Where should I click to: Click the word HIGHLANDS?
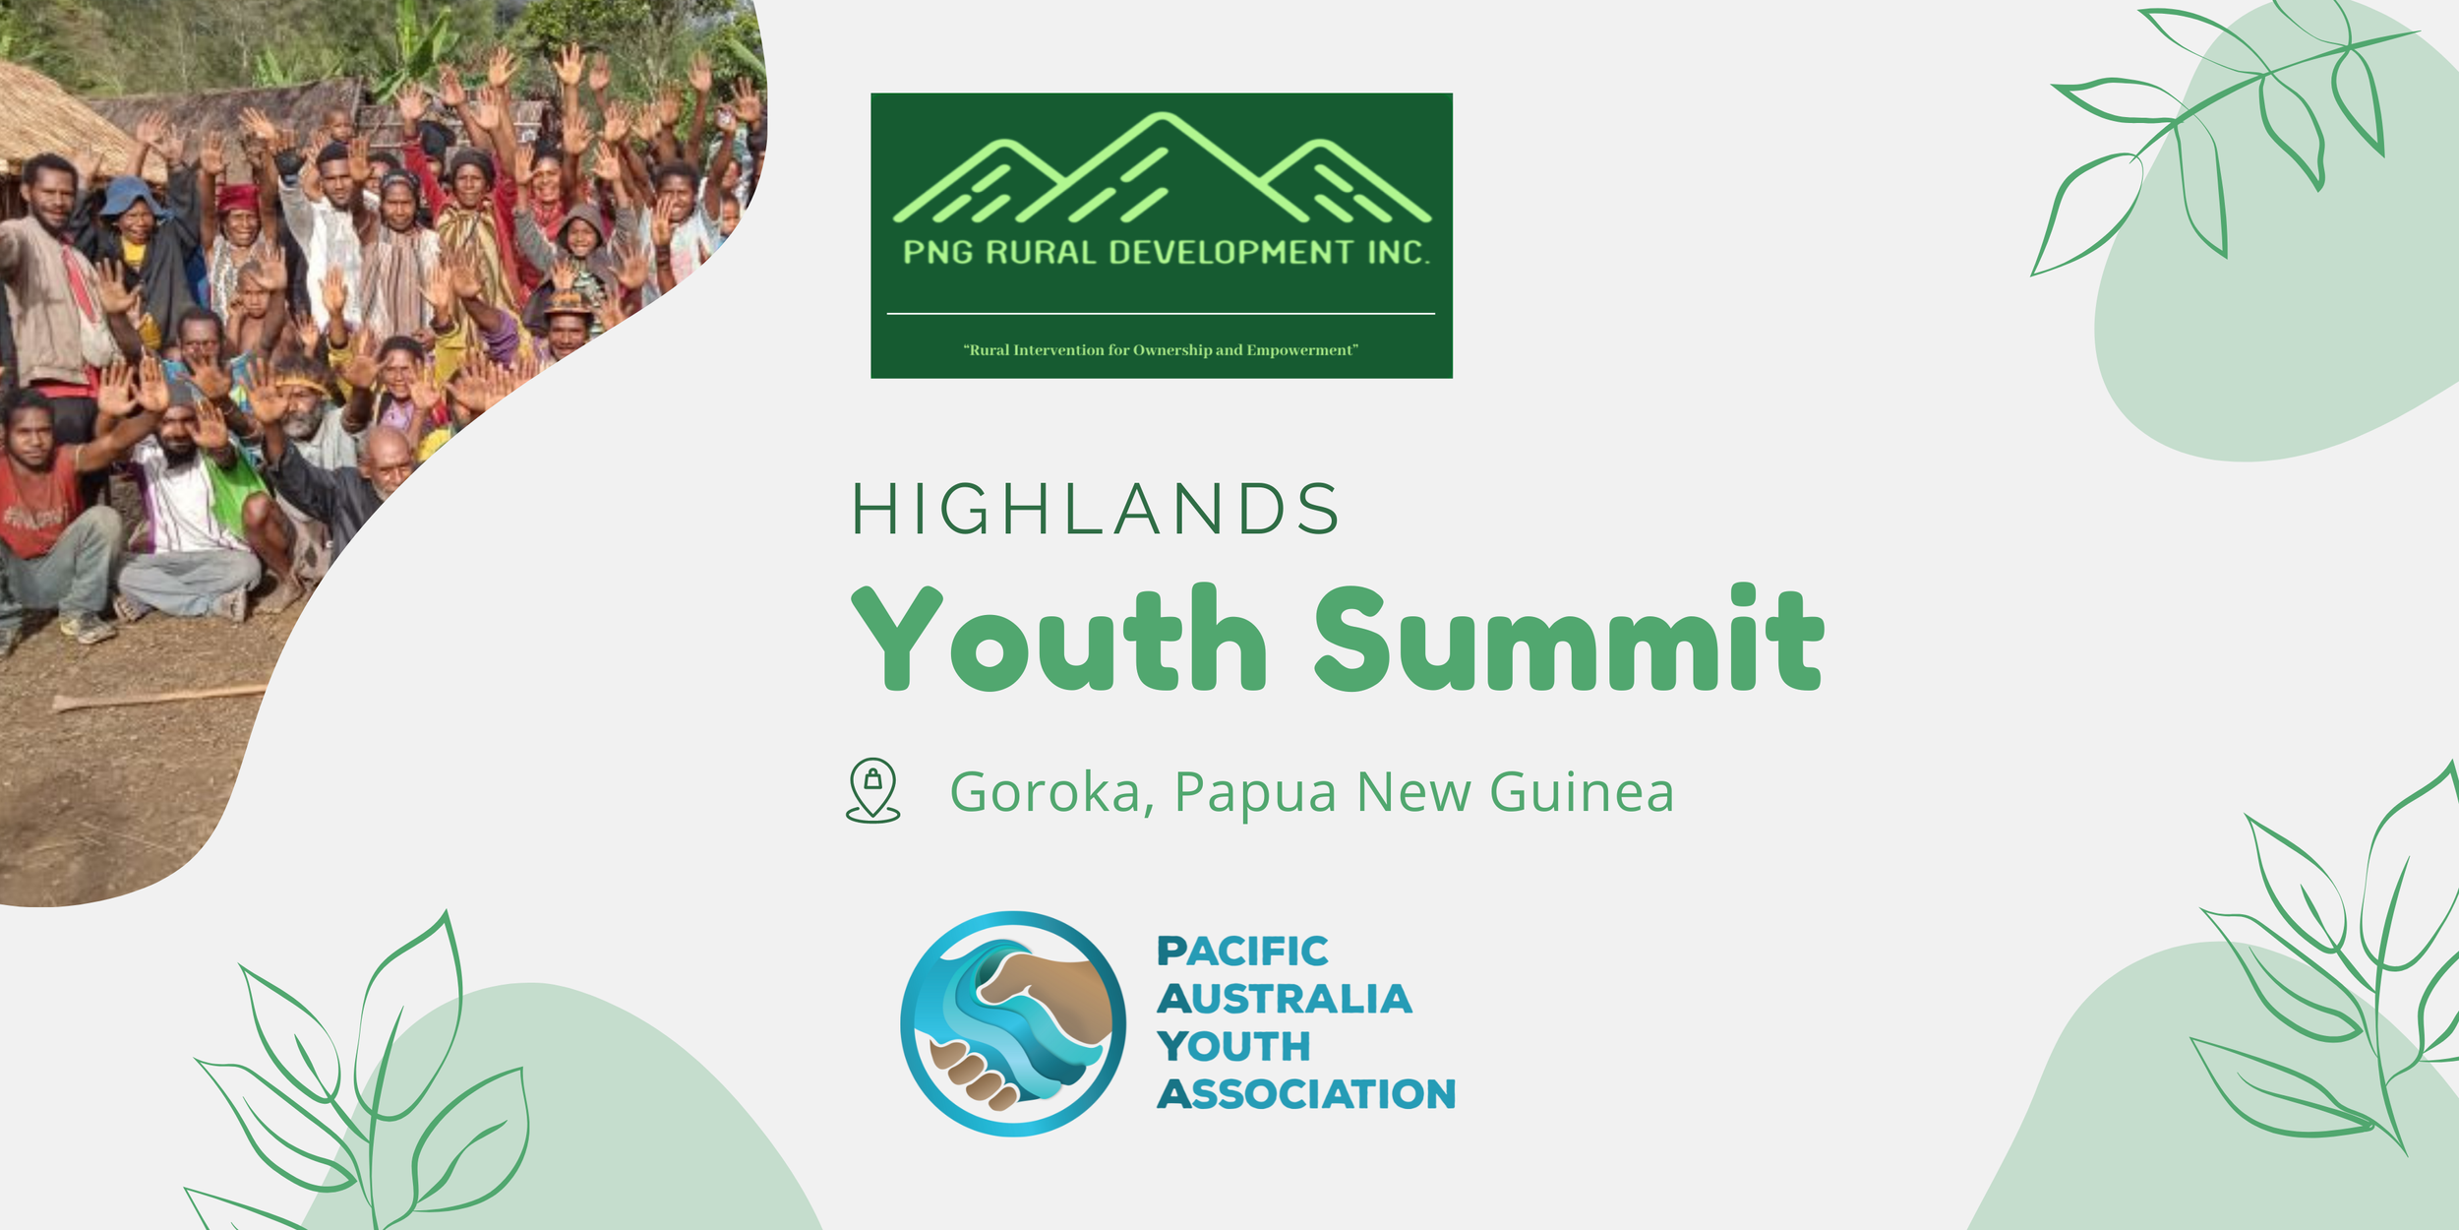[1095, 509]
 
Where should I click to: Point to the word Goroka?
[1046, 792]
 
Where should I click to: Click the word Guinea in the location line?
[1582, 792]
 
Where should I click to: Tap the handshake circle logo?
[1012, 1023]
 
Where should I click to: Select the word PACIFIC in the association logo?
[1242, 952]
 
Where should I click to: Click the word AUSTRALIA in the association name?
[1284, 999]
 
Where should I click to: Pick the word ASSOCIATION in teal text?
[1305, 1094]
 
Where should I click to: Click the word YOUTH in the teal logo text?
[1233, 1047]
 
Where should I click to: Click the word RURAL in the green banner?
[1041, 253]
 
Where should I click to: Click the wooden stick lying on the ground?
[157, 698]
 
